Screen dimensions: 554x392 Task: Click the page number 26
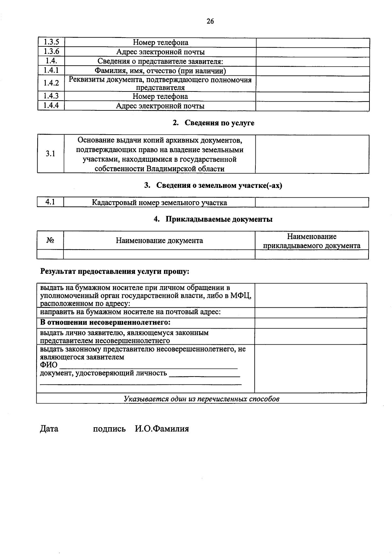click(210, 22)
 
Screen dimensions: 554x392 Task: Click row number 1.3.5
click(51, 42)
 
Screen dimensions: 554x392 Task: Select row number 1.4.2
click(51, 83)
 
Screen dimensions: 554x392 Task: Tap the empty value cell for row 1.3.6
click(313, 52)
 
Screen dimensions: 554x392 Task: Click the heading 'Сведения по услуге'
click(219, 123)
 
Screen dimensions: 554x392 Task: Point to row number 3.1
click(50, 154)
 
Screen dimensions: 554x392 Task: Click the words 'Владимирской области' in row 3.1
click(185, 169)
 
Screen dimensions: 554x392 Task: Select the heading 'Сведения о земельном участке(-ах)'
click(219, 186)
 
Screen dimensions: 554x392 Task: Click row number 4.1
click(50, 202)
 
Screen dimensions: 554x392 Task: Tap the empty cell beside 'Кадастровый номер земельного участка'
click(312, 203)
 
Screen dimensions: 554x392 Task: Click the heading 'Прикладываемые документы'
click(219, 219)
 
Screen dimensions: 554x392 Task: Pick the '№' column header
click(50, 240)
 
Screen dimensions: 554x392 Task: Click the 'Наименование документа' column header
click(159, 241)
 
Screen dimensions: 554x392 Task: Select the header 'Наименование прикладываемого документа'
click(312, 241)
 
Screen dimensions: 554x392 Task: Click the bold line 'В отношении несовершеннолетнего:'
click(105, 323)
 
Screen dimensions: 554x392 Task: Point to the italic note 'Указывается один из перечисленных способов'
click(202, 399)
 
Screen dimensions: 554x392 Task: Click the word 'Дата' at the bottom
click(49, 429)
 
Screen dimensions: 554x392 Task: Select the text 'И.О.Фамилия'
click(162, 429)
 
